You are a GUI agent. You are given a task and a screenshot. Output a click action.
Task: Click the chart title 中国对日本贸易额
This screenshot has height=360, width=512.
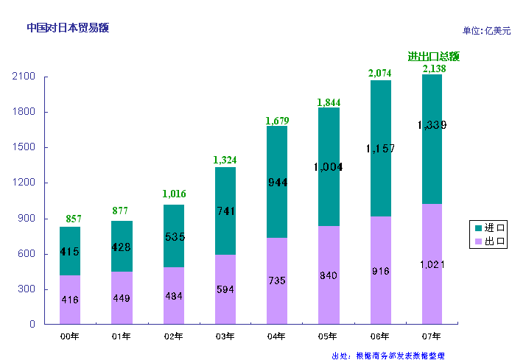[x=67, y=28]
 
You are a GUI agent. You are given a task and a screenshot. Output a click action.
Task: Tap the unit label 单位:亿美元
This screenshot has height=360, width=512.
[x=486, y=30]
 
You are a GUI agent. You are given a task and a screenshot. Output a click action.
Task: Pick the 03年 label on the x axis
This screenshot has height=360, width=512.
[x=225, y=336]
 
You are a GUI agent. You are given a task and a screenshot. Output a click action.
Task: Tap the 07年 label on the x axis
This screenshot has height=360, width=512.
[x=432, y=336]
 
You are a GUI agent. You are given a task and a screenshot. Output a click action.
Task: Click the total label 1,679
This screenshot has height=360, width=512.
[x=277, y=121]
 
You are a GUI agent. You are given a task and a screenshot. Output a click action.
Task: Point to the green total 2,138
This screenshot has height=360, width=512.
[x=432, y=68]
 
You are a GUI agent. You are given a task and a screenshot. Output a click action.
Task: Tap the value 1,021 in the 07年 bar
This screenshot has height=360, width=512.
[x=432, y=264]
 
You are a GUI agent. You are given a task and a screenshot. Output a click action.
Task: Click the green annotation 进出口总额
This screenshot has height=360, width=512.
[x=434, y=56]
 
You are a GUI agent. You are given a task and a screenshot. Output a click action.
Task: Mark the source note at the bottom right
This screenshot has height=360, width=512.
[x=389, y=355]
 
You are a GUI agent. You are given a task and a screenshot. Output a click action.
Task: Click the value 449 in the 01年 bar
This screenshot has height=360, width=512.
[x=121, y=298]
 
